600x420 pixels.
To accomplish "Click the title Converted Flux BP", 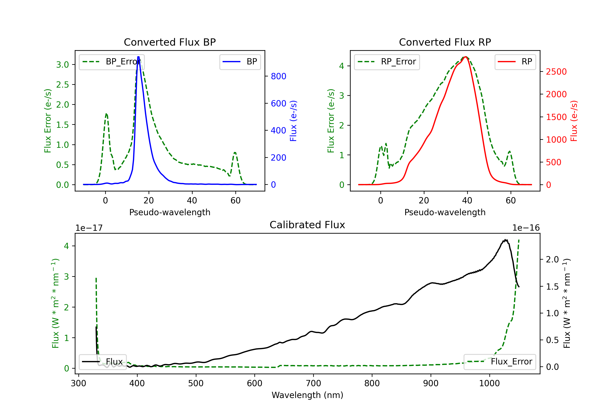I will click(x=170, y=42).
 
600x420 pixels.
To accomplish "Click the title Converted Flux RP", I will click(x=445, y=42).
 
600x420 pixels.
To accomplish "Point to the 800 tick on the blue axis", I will click(x=278, y=76).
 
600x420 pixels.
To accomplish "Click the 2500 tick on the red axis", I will click(x=556, y=72).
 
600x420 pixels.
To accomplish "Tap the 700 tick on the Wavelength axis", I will click(x=313, y=383).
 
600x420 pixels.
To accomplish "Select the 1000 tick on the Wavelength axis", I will click(x=489, y=383).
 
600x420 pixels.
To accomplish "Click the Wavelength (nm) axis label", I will click(x=307, y=395).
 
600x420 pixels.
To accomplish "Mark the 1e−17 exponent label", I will click(x=89, y=228).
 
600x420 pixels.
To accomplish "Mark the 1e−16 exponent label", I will click(x=526, y=228).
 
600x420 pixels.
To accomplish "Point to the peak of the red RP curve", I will click(x=466, y=57).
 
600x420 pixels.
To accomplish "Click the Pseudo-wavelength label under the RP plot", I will click(x=445, y=212).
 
